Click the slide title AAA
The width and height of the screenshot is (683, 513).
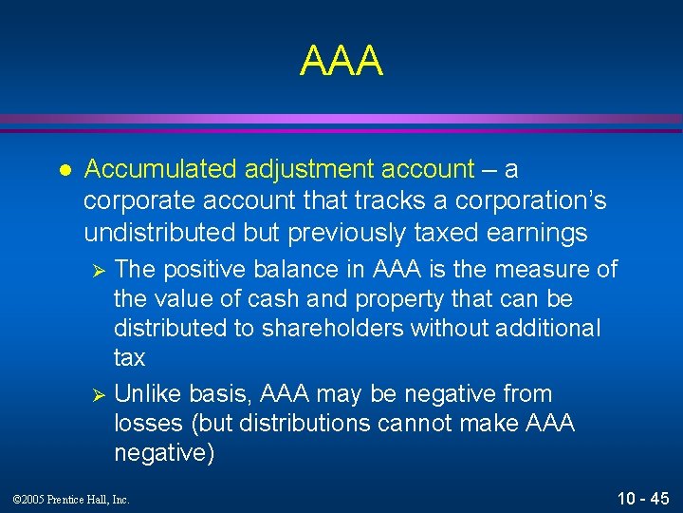(341, 61)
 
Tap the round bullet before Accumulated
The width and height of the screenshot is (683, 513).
(65, 170)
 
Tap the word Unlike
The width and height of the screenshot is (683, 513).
(147, 393)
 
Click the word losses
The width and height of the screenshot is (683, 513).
(149, 423)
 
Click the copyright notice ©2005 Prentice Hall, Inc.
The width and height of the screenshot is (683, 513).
(72, 499)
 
